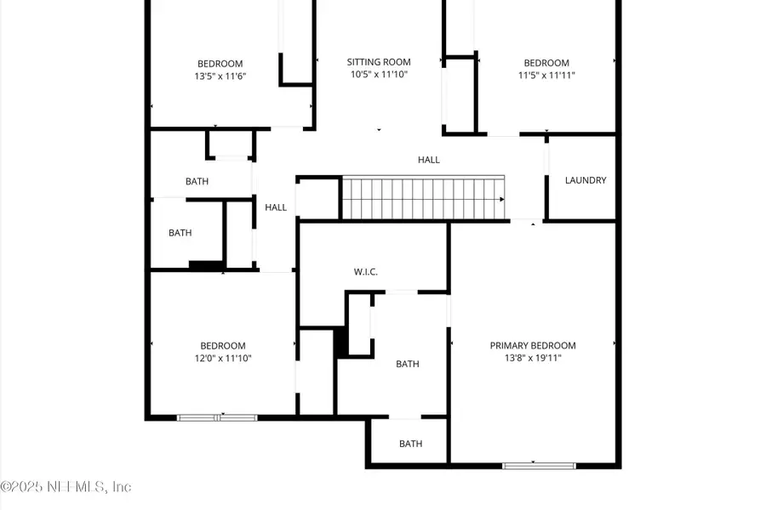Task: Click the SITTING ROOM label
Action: click(x=379, y=62)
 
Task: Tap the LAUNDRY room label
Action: click(x=586, y=180)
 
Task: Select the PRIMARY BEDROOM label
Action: click(x=533, y=345)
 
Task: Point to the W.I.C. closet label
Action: click(x=366, y=272)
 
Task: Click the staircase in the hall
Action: click(x=423, y=197)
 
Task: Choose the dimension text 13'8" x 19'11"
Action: click(x=533, y=358)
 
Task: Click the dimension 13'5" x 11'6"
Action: click(x=220, y=76)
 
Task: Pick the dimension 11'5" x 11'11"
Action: click(x=546, y=76)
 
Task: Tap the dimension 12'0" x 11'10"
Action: click(x=223, y=358)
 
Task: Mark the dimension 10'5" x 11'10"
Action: click(x=379, y=75)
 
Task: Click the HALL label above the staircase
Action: click(x=429, y=160)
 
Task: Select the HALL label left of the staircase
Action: click(x=276, y=207)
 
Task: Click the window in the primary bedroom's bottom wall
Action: click(x=539, y=465)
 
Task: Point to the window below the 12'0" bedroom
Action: click(x=217, y=417)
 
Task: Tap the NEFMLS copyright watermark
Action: click(x=66, y=487)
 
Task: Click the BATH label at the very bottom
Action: click(x=411, y=444)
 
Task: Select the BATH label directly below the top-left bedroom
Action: click(x=197, y=181)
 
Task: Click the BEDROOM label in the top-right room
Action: click(x=546, y=63)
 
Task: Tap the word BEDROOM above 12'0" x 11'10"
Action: click(x=223, y=345)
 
